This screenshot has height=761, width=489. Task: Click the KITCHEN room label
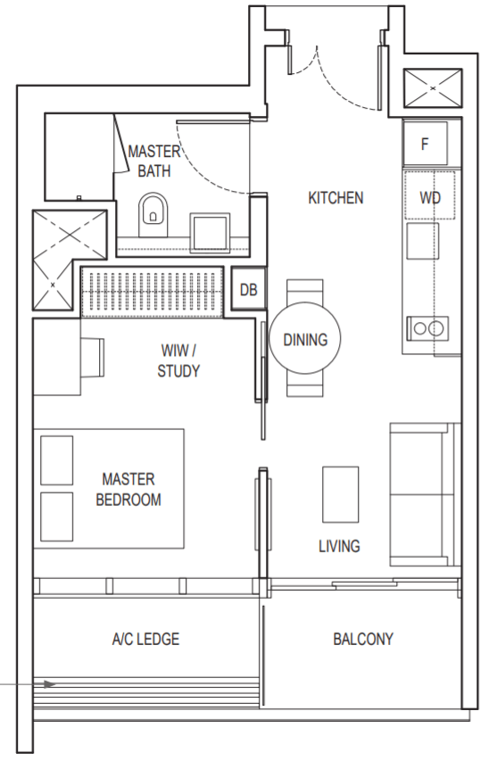coord(336,198)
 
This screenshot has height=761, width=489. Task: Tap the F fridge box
coord(426,144)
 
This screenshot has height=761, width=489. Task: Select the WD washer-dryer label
coord(430,197)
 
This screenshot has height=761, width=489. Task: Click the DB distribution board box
coord(249,290)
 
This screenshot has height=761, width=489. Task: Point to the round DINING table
coord(305,338)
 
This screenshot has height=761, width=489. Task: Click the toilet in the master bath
coord(153,215)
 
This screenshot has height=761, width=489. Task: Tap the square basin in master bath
coord(210,232)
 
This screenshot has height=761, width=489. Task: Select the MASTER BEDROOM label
coord(128,489)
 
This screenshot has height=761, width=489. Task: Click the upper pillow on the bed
coord(57,460)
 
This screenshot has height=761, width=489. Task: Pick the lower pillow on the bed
coord(57,517)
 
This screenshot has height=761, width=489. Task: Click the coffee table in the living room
coord(340,494)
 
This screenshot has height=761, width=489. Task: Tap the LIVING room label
coord(339,546)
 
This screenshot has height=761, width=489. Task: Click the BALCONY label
coord(363,639)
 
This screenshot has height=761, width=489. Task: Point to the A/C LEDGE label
coord(145,639)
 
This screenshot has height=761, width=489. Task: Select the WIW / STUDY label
coord(178,360)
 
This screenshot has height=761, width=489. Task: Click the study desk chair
coord(92,357)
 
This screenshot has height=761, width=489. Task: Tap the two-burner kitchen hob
coord(427,328)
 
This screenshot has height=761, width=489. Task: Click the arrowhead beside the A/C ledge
coord(50,684)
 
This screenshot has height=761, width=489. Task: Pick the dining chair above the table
coord(305,293)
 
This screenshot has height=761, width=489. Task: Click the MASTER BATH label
coord(154,161)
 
